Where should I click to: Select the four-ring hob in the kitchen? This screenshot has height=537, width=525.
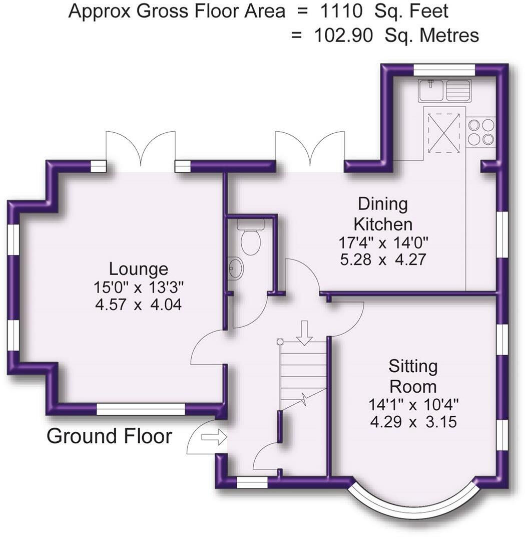(480, 133)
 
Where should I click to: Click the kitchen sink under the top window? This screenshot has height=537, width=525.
(444, 90)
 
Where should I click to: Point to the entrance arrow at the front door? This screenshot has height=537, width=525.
(214, 438)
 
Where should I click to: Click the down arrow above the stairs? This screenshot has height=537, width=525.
(304, 332)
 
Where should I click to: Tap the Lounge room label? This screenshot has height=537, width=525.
(138, 269)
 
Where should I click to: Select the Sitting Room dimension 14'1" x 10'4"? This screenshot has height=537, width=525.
(413, 405)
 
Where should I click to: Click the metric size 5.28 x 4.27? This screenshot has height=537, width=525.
(383, 259)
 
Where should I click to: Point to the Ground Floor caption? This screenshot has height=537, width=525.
(109, 436)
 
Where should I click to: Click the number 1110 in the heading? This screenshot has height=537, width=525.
(341, 11)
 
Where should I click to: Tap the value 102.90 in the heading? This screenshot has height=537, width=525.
(343, 35)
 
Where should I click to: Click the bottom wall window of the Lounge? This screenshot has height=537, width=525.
(141, 409)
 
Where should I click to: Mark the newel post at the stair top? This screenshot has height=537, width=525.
(280, 342)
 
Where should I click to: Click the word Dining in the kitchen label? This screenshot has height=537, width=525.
(383, 204)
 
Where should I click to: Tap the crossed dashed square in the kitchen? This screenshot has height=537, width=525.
(443, 133)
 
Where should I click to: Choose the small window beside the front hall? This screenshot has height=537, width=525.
(252, 482)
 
